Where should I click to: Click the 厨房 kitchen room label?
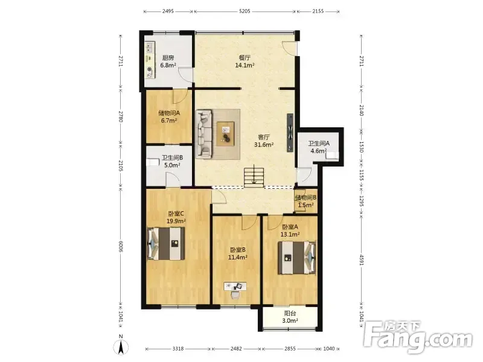point(168,57)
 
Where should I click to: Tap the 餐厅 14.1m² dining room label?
point(245,62)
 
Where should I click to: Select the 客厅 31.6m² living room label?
point(264,141)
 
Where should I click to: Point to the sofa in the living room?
point(204,133)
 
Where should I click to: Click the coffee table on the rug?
point(225,134)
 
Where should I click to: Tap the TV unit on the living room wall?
point(290,133)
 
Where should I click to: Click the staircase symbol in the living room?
point(254,177)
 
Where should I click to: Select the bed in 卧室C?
point(165,244)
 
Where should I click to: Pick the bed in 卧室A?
point(297,258)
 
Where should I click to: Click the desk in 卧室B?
point(235,287)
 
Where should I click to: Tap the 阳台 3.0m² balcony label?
point(290,317)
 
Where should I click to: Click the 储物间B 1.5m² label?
point(305,201)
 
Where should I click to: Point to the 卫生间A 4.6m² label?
point(319,147)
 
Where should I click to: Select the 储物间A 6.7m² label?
point(169,116)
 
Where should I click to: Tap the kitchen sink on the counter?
point(150,48)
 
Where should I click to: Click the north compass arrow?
point(121,348)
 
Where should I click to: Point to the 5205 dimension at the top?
point(245,11)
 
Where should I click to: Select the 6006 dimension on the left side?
point(121,247)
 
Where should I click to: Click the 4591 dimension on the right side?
point(362,259)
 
